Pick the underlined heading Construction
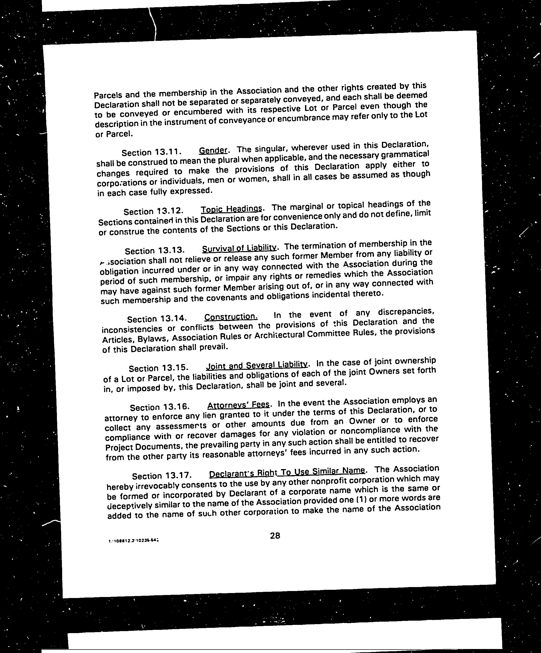click(x=231, y=317)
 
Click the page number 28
click(x=275, y=536)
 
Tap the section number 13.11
click(x=167, y=152)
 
